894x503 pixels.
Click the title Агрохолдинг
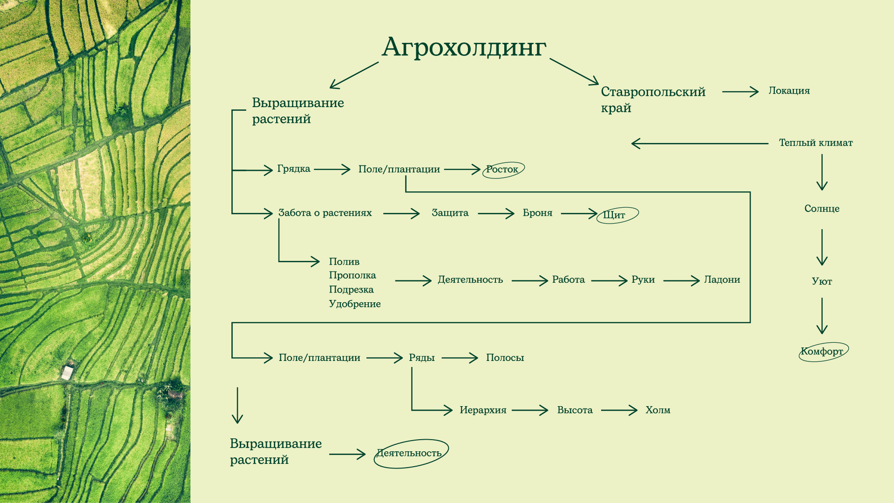point(464,48)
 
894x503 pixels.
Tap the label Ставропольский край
point(653,100)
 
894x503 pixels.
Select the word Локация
point(789,91)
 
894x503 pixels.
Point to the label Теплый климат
point(816,143)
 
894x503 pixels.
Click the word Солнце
point(822,209)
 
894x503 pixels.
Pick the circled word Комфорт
point(822,352)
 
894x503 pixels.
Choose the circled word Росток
point(502,170)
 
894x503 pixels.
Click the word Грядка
point(293,169)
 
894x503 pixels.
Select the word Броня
point(537,213)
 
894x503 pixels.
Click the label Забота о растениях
point(325,213)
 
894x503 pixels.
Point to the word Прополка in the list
point(352,275)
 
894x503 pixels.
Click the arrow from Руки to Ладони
point(681,280)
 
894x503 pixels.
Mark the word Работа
point(568,280)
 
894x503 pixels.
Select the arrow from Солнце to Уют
point(822,247)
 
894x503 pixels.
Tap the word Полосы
point(505,358)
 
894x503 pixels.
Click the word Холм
point(657,410)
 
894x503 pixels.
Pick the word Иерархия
point(483,410)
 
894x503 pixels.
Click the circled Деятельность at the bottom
point(409,453)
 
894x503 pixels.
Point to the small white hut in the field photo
point(68,373)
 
